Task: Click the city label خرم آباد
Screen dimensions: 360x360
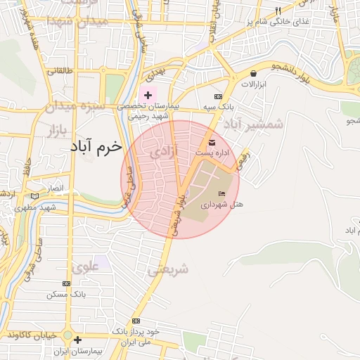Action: click(x=96, y=148)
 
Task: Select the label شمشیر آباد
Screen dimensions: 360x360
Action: click(x=254, y=124)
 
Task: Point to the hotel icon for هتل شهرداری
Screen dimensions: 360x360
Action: click(x=223, y=194)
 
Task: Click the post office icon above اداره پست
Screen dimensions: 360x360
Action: click(x=212, y=143)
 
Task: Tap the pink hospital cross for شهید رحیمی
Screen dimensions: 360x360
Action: click(x=148, y=94)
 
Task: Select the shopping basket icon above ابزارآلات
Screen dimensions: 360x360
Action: click(x=253, y=73)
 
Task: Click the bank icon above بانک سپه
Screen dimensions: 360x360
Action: click(x=218, y=96)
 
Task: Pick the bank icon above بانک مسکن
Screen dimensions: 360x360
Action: click(x=66, y=284)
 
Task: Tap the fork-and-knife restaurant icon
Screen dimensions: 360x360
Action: click(x=278, y=11)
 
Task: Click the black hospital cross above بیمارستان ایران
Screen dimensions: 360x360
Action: click(x=86, y=340)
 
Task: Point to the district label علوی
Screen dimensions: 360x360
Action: click(x=84, y=267)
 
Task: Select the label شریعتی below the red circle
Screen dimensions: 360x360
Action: click(x=168, y=269)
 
